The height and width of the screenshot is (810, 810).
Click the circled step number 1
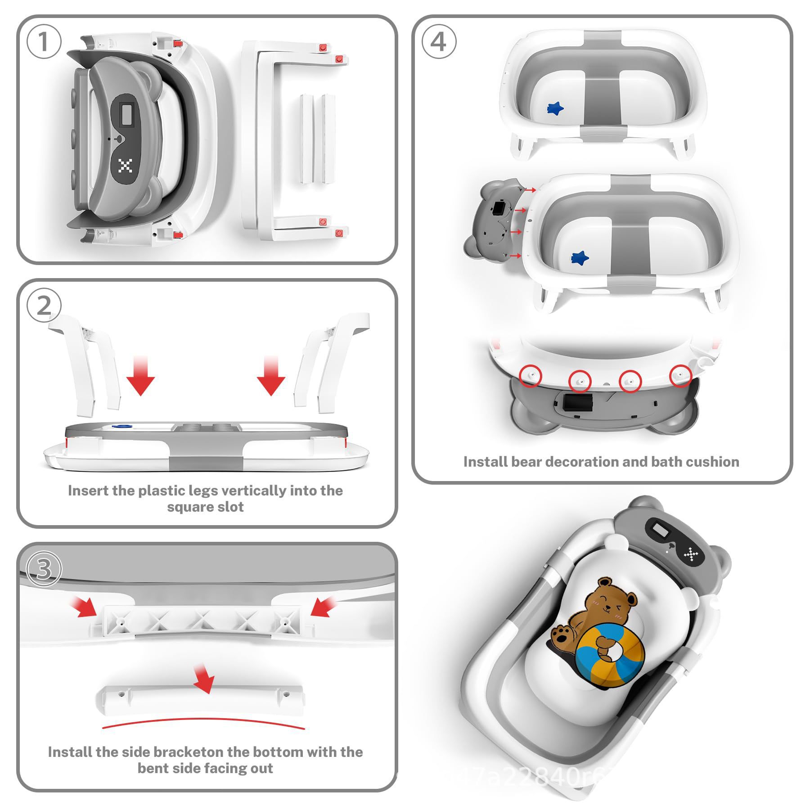(x=44, y=42)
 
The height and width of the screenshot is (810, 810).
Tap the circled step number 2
(x=44, y=306)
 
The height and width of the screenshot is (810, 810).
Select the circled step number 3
(x=44, y=569)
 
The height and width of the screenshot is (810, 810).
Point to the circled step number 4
(x=438, y=42)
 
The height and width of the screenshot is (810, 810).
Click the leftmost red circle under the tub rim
(x=531, y=375)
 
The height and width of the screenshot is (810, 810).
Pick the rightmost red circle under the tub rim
(x=680, y=375)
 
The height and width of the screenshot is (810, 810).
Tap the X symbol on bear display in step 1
(x=125, y=166)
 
